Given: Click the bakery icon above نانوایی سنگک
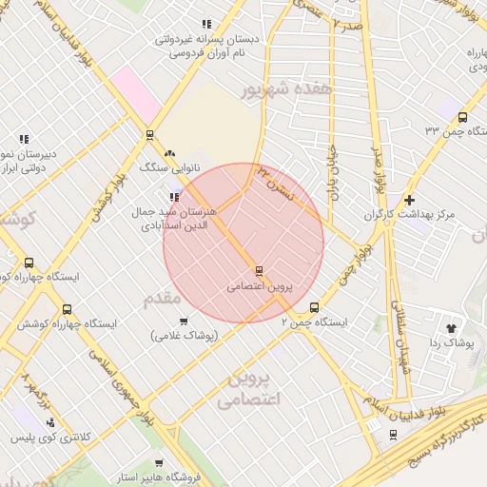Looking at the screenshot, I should (169, 153).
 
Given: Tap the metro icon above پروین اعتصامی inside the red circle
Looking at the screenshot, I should (259, 271).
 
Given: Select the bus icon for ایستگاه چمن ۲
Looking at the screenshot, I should (315, 307).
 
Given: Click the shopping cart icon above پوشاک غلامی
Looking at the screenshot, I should (184, 321).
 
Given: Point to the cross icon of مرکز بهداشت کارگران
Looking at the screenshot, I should (409, 201).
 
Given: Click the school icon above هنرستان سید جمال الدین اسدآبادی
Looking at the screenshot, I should (173, 196).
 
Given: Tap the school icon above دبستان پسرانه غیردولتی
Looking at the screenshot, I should (205, 25).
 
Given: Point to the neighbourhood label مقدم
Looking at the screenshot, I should (162, 300).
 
